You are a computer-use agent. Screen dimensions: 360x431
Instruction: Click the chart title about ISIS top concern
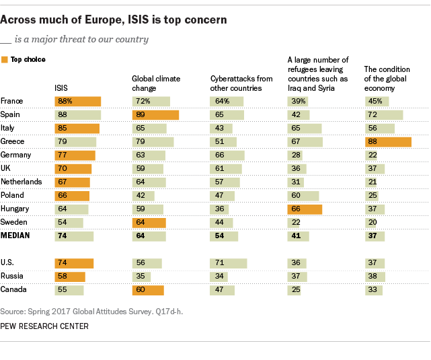coord(114,20)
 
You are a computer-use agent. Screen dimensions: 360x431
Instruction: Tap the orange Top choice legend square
coord(5,60)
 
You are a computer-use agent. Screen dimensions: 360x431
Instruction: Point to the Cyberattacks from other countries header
coord(241,83)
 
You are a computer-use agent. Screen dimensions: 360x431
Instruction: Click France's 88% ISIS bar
coord(78,101)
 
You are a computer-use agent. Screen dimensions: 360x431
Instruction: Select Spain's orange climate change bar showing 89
coord(155,115)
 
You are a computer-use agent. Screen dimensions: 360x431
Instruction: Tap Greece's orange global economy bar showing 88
coord(387,142)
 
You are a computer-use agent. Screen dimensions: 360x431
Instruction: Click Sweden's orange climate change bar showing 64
coord(148,223)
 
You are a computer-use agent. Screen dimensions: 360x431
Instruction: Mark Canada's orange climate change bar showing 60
coord(147,290)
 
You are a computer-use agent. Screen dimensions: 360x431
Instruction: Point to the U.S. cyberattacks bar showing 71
coord(229,263)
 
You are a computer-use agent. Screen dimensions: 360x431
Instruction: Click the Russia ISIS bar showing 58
coord(70,277)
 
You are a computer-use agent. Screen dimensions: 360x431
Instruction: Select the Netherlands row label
coord(21,182)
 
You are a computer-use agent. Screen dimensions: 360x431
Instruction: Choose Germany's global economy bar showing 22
coord(373,155)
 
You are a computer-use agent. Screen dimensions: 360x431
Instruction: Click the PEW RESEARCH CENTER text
coord(44,326)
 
